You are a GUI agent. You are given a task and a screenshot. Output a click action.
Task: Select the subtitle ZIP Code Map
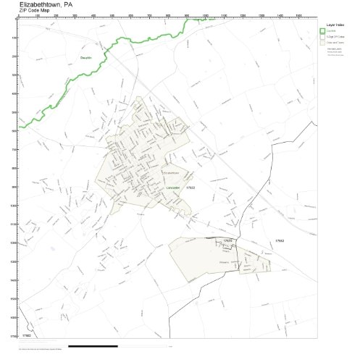35,11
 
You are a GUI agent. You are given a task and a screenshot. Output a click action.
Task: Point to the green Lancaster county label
172,187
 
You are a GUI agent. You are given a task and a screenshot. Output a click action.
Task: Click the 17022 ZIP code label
191,187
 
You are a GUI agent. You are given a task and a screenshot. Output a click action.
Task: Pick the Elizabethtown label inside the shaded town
171,172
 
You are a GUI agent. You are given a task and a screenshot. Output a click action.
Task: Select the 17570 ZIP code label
227,240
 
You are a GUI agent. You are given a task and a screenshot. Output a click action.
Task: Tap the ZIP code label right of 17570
280,240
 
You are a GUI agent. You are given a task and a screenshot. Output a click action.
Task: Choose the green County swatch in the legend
323,30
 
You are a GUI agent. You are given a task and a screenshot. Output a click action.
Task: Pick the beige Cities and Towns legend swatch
323,42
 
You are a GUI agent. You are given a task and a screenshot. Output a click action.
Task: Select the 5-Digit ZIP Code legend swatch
323,36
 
